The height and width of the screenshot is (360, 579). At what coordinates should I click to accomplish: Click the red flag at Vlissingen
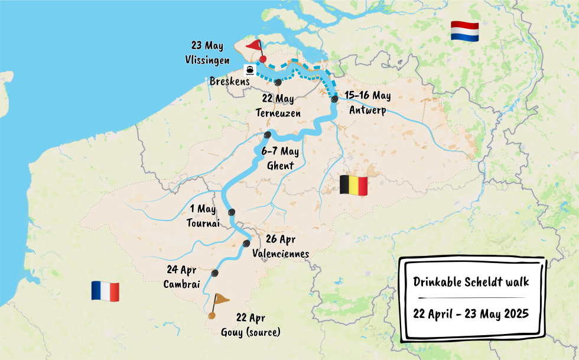click(x=255, y=46)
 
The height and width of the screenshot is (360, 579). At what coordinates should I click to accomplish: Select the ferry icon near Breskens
click(x=251, y=70)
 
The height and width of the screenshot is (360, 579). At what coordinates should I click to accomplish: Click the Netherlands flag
click(x=464, y=31)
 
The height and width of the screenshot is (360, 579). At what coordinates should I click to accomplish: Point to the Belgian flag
click(x=353, y=184)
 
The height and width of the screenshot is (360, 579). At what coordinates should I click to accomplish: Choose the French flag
click(x=105, y=291)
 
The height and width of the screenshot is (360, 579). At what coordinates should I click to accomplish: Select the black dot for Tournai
click(x=232, y=212)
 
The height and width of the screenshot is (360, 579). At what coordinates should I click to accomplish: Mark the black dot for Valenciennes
click(x=246, y=244)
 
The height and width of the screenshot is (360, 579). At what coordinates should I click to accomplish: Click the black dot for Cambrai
click(x=215, y=273)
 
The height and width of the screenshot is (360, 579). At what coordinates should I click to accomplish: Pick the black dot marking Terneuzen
click(x=278, y=83)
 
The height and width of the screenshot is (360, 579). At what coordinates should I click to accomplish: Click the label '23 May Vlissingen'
click(x=208, y=53)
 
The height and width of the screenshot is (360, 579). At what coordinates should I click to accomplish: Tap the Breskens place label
click(x=229, y=82)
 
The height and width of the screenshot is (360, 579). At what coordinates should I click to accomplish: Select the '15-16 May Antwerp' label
click(x=368, y=103)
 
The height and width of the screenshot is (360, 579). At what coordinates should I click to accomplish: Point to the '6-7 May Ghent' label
click(x=280, y=158)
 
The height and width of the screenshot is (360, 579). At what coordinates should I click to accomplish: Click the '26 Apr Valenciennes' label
click(x=281, y=246)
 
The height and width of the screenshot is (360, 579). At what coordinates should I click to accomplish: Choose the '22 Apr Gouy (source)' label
click(x=251, y=325)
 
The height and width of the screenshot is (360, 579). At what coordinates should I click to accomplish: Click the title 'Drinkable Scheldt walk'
click(x=471, y=282)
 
